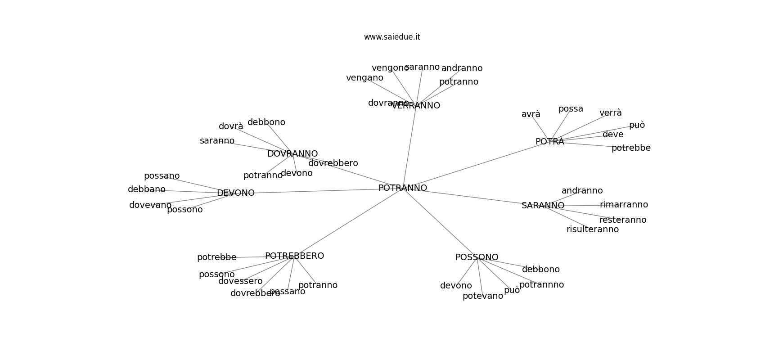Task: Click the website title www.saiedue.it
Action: [x=392, y=37]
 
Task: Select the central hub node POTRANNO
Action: [x=402, y=188]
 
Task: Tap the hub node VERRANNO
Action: [x=416, y=106]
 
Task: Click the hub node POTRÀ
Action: [x=549, y=142]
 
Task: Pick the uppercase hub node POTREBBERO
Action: [x=294, y=256]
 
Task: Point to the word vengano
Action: [x=364, y=78]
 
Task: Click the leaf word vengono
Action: [x=390, y=68]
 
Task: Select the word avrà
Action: [x=531, y=114]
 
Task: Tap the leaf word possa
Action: [x=571, y=109]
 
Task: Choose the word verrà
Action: [x=610, y=113]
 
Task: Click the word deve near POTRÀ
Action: [x=613, y=135]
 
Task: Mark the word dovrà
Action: [x=231, y=126]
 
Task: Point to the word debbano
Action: [x=147, y=189]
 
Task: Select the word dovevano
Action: [x=150, y=205]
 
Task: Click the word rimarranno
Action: [x=624, y=205]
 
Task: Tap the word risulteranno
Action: [x=592, y=229]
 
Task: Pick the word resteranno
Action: [x=622, y=220]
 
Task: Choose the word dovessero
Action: [x=240, y=281]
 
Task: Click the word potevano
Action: [x=482, y=296]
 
